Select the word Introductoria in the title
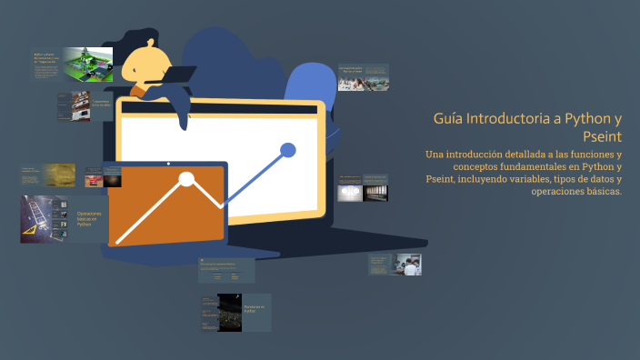click(509, 119)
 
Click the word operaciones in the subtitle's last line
click(563, 192)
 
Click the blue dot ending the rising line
click(288, 150)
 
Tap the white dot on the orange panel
click(186, 178)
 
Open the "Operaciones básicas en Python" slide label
click(89, 218)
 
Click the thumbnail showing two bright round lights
click(349, 192)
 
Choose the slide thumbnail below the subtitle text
click(409, 265)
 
